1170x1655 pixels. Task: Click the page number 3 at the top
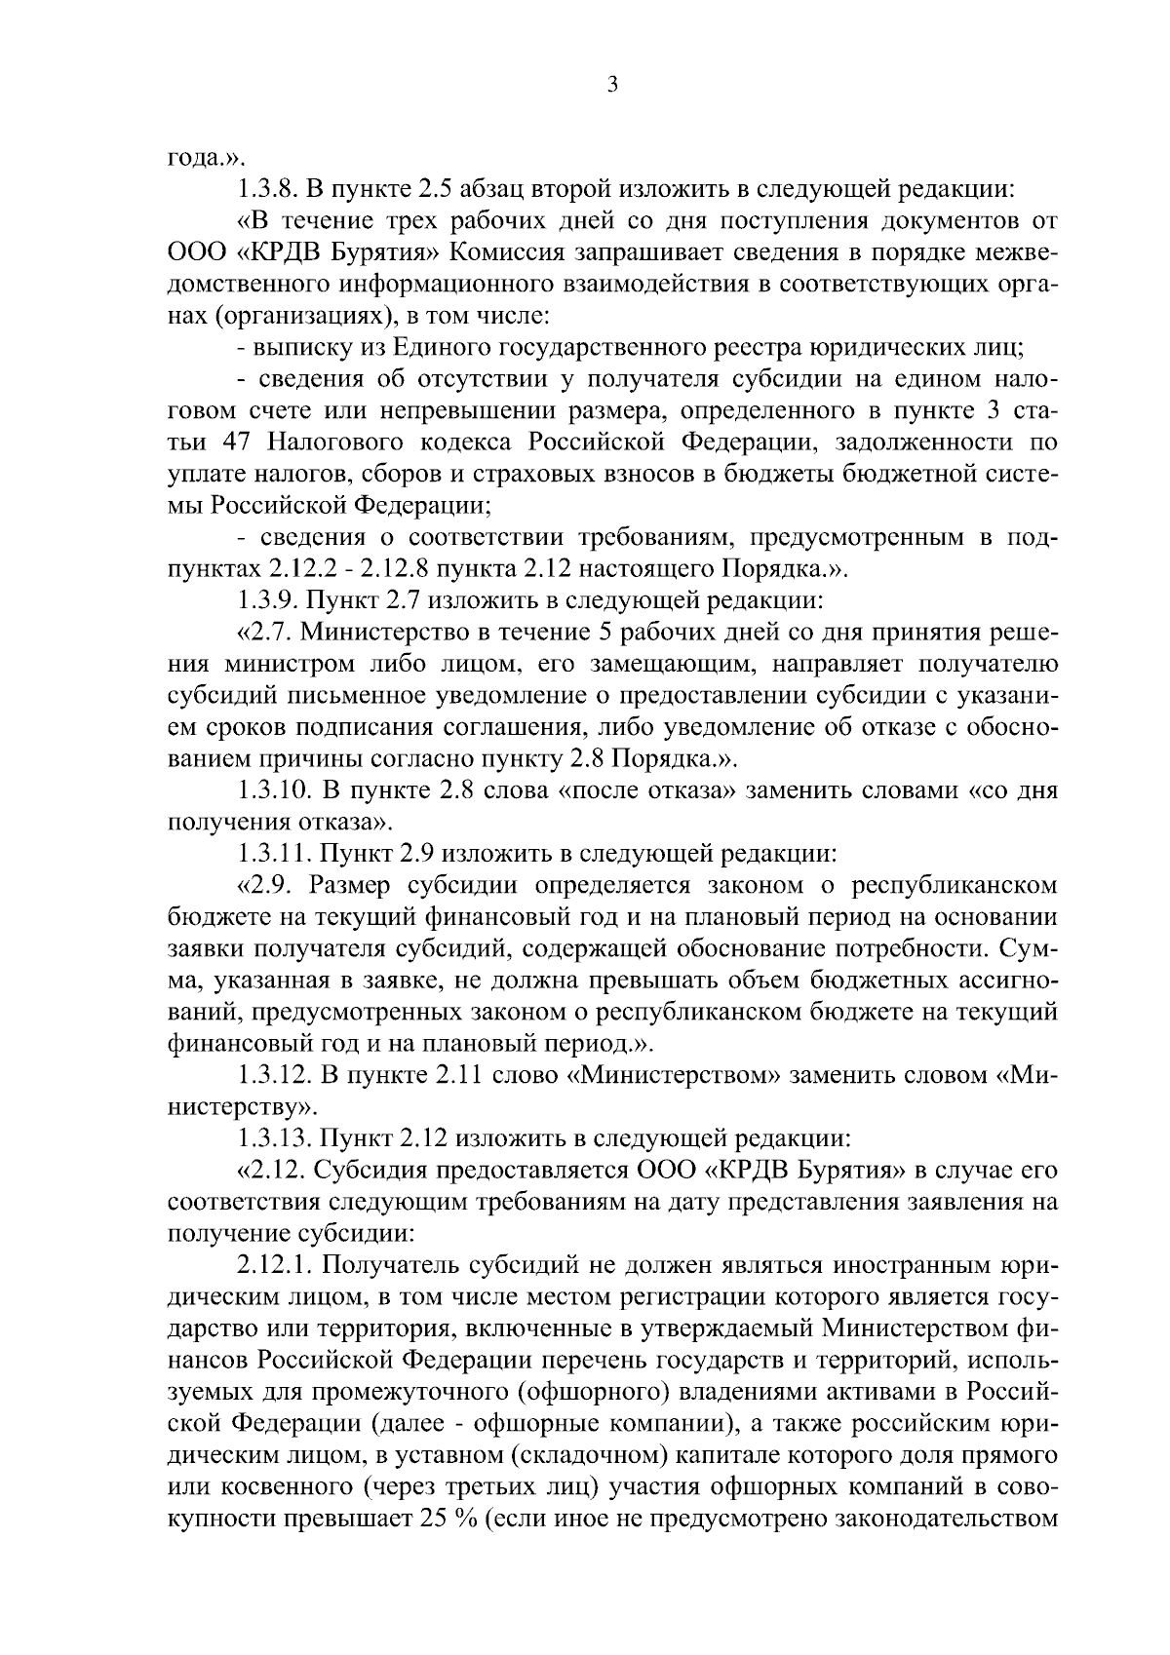[x=611, y=86]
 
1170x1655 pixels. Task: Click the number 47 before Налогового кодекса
[x=241, y=443]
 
